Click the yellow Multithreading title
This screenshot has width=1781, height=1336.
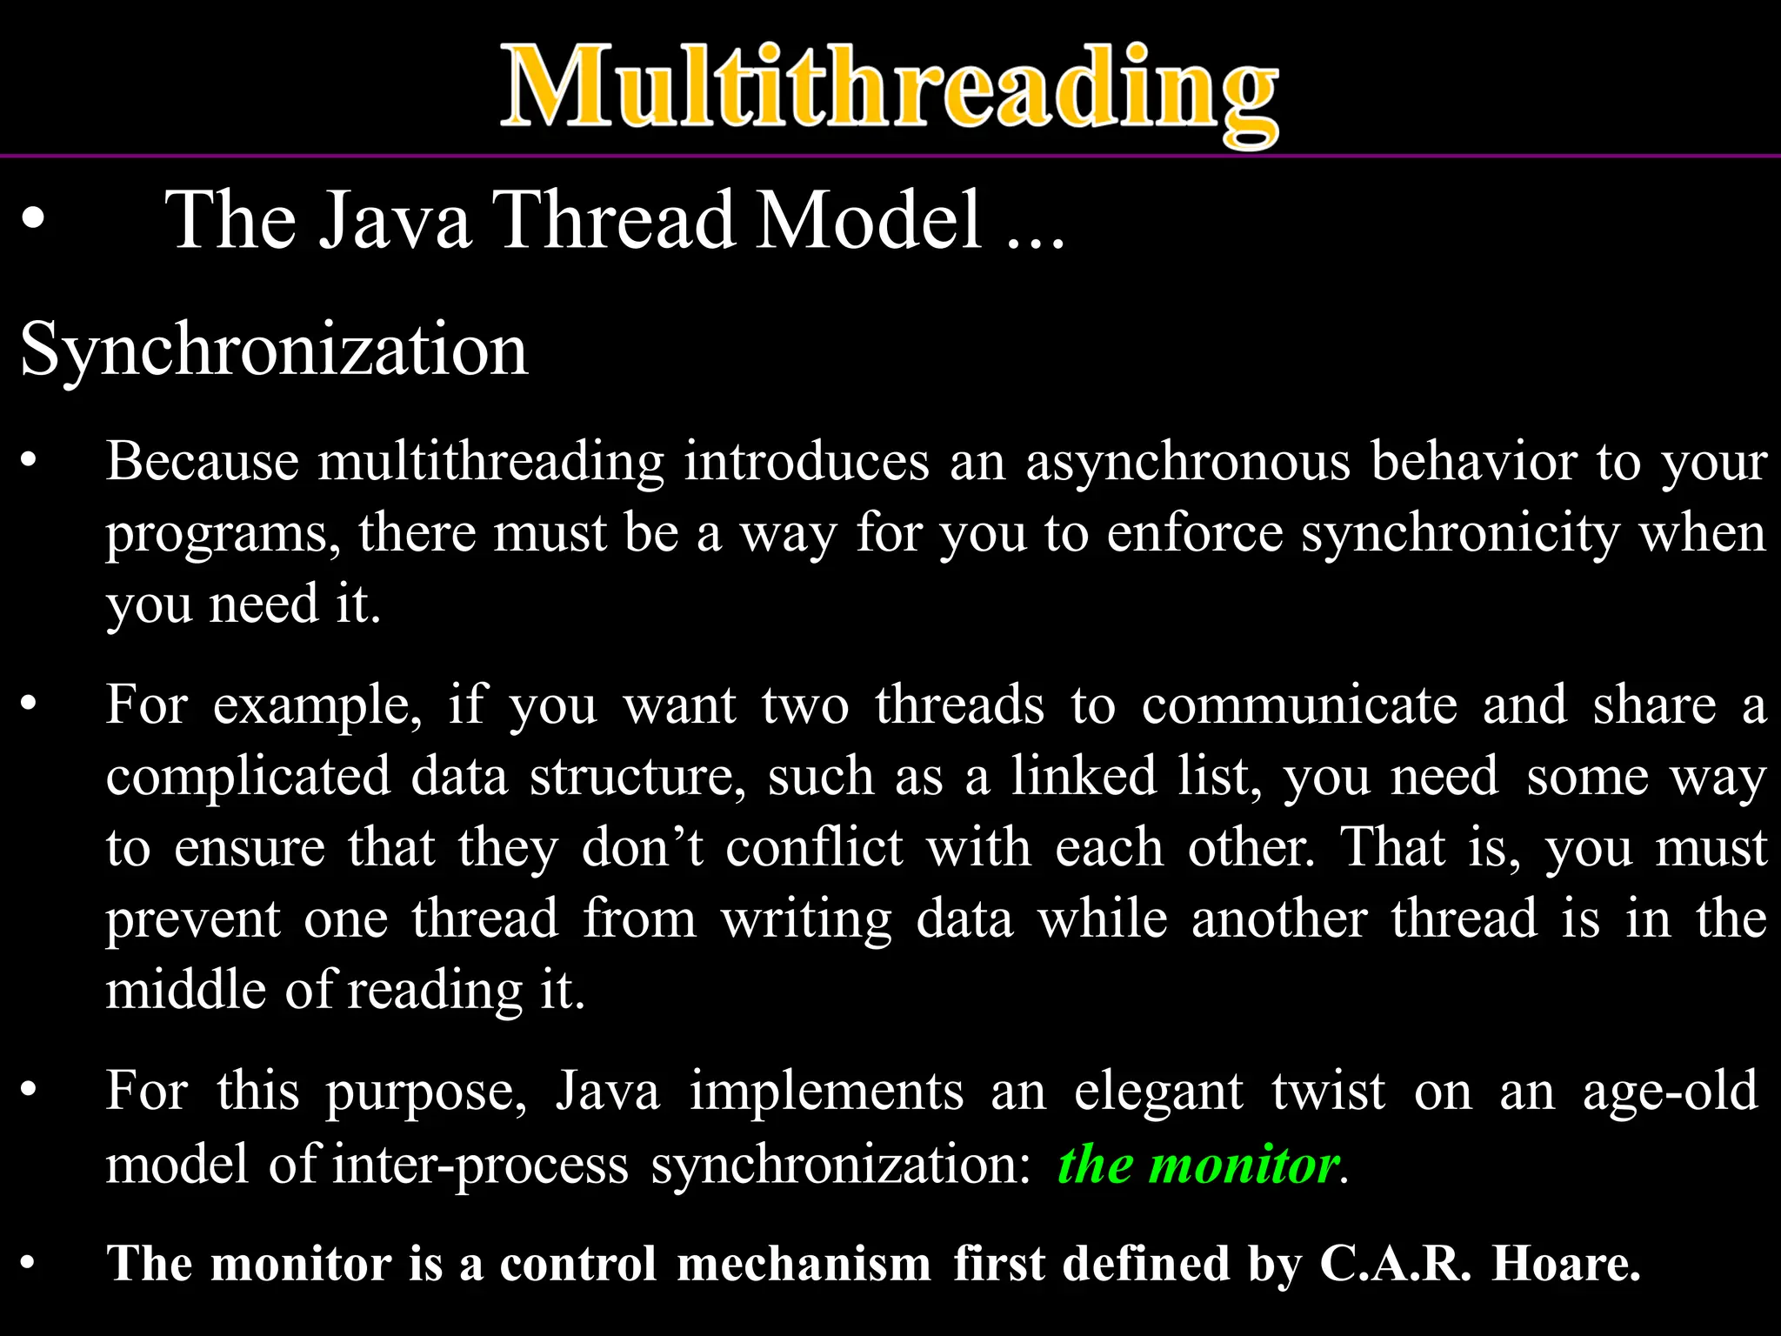[889, 90]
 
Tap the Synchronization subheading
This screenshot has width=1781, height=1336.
[274, 350]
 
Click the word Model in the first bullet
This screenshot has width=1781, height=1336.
[869, 221]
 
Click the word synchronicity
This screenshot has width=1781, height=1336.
[1460, 533]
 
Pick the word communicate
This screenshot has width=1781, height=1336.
[1299, 705]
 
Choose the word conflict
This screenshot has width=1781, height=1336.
[814, 847]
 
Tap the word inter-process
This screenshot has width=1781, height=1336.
[480, 1166]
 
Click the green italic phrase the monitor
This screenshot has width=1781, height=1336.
[1197, 1166]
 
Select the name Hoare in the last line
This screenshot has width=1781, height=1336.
[1565, 1264]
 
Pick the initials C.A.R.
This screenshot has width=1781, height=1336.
[1395, 1264]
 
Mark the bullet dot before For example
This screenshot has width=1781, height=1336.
[30, 705]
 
